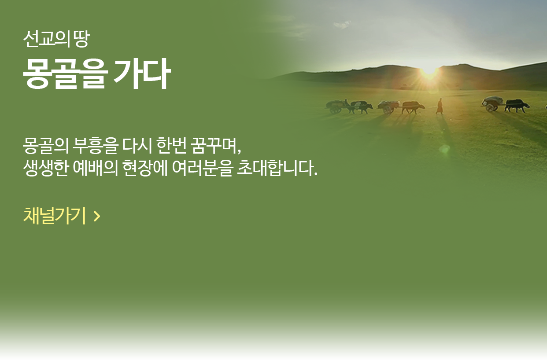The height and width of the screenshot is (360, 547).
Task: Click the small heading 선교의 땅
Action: (x=56, y=39)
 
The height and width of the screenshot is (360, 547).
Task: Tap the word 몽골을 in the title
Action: (x=65, y=74)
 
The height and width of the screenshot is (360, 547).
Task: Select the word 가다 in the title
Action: (x=142, y=74)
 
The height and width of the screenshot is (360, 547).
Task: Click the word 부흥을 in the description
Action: (x=96, y=146)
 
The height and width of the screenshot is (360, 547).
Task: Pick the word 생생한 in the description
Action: (x=45, y=168)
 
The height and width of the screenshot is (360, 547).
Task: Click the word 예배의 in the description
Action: (x=96, y=168)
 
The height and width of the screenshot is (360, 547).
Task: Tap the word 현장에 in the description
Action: (x=145, y=168)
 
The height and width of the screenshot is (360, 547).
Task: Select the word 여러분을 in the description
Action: (x=202, y=168)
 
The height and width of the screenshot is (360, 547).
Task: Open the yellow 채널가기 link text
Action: (x=55, y=216)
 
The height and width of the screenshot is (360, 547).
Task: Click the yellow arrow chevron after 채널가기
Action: (x=97, y=216)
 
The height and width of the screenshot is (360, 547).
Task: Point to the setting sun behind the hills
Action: (x=429, y=72)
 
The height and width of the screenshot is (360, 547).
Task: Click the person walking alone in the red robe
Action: (x=440, y=106)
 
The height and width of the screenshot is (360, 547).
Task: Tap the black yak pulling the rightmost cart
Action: (x=517, y=106)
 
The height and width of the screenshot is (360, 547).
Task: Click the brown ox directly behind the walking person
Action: (x=413, y=107)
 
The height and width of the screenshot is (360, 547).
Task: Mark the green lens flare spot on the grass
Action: (x=445, y=149)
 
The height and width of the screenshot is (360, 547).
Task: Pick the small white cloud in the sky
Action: (x=342, y=24)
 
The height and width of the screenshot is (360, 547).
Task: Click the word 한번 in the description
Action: (x=171, y=146)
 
